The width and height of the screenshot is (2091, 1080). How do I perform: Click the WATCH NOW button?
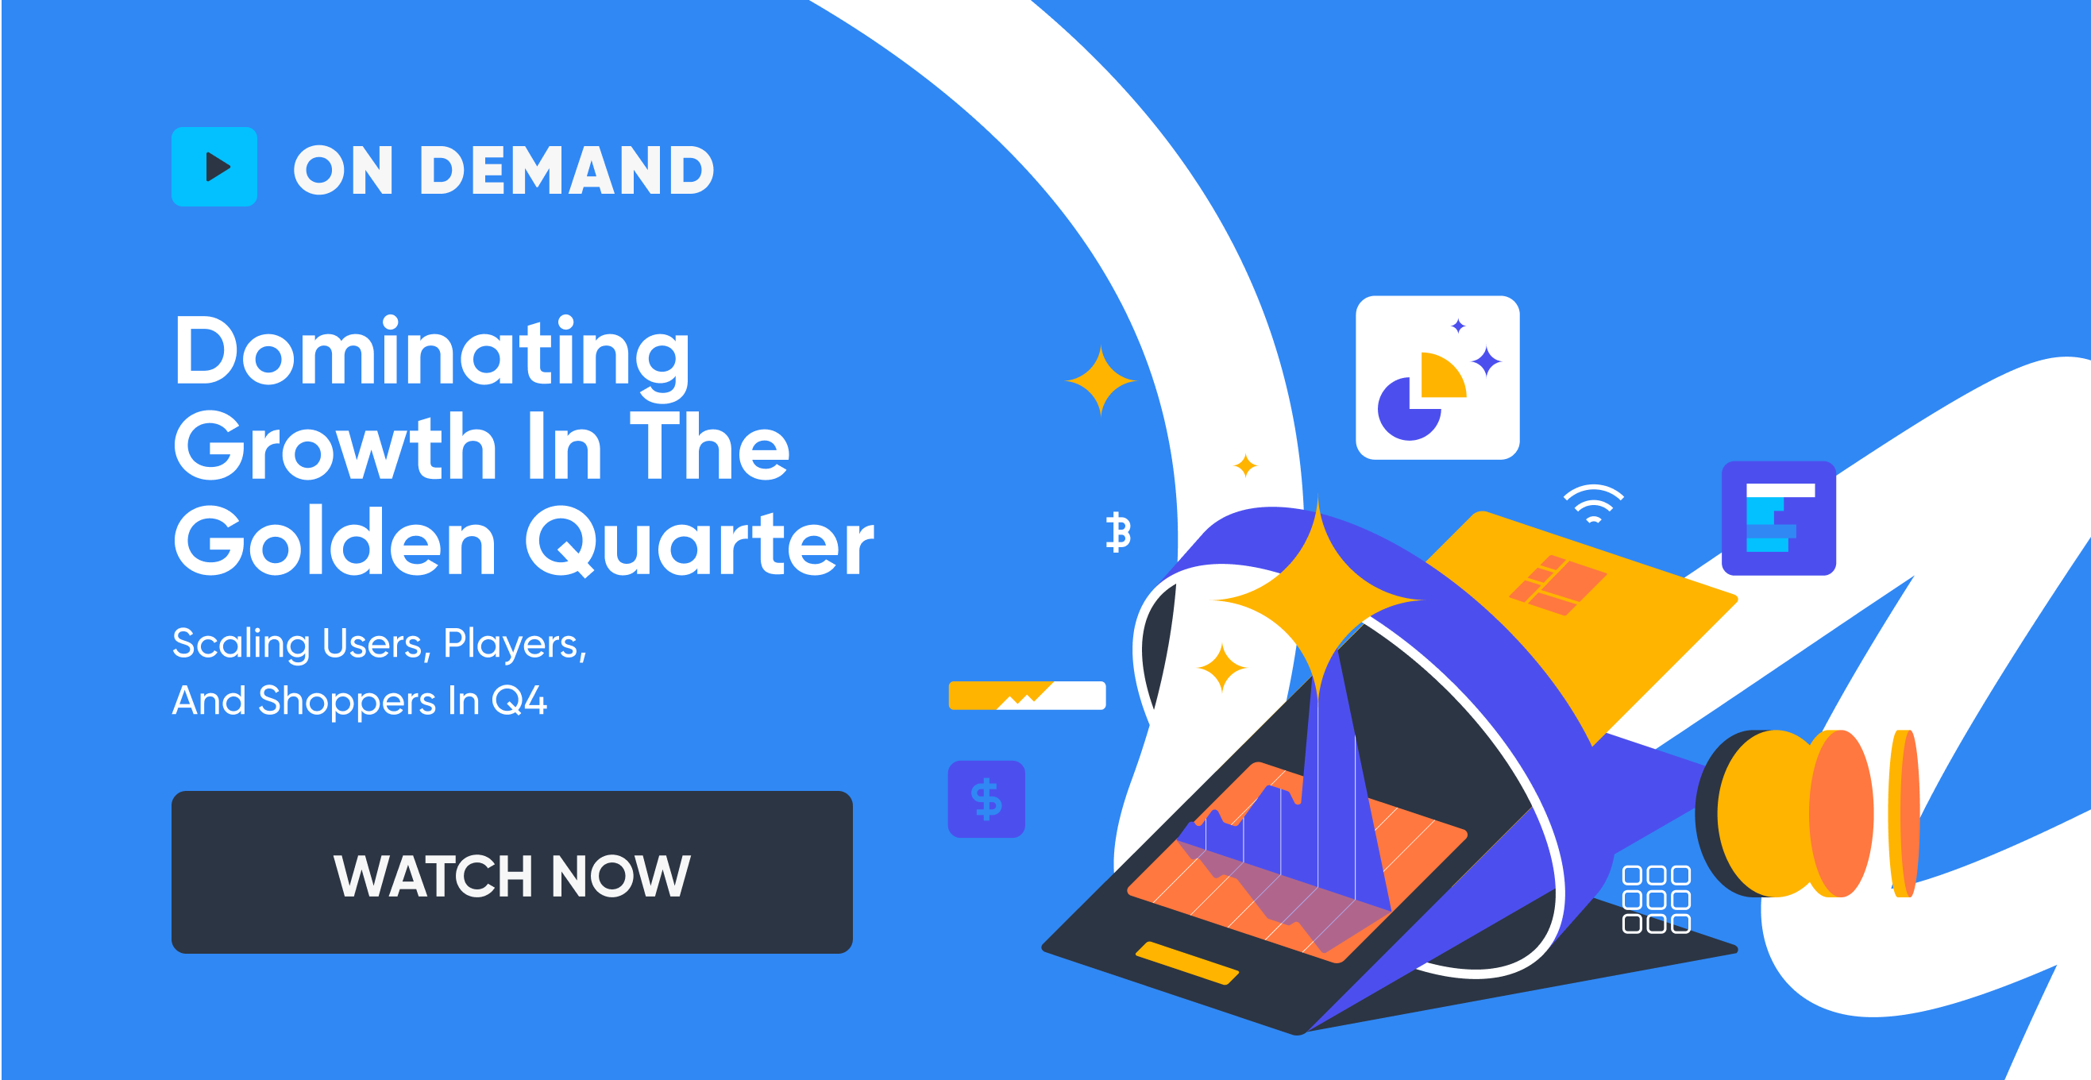[x=511, y=872]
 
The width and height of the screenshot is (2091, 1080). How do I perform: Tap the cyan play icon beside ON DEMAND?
[x=214, y=167]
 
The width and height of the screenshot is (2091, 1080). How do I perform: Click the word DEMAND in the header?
[x=565, y=172]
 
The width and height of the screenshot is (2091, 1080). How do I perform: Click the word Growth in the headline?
[x=335, y=447]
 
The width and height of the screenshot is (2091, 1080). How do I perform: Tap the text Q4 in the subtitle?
[x=519, y=700]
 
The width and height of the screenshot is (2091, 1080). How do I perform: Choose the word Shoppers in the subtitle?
[x=346, y=700]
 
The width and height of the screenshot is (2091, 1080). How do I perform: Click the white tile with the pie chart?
[x=1437, y=377]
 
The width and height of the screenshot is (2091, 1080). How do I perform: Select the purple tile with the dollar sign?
[x=986, y=799]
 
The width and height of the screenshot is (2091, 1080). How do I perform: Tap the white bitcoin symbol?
[x=1118, y=532]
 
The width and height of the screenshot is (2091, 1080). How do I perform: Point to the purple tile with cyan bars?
[x=1778, y=519]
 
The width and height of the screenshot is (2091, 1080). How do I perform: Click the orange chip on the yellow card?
[x=1557, y=584]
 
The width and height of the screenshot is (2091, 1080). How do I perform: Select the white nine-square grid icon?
[x=1656, y=899]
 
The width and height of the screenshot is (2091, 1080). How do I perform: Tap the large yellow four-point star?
[x=1318, y=600]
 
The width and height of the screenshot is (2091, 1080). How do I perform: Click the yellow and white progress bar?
[x=1027, y=696]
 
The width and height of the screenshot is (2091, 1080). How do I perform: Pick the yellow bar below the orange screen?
[x=1186, y=963]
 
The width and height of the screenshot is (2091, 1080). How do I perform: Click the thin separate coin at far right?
[x=1904, y=813]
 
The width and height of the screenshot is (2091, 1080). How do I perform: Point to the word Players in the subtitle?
[x=515, y=644]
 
